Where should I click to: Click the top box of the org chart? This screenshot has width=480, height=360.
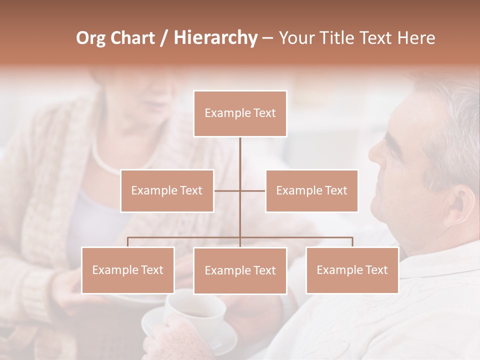click(240, 113)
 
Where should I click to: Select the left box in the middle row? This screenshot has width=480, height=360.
click(167, 190)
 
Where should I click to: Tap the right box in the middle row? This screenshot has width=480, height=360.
click(311, 190)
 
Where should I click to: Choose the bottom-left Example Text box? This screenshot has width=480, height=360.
click(127, 270)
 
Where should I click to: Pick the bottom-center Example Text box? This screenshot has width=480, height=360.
click(240, 270)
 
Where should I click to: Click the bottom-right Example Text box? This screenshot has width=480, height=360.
click(352, 270)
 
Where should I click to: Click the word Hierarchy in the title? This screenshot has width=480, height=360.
click(215, 38)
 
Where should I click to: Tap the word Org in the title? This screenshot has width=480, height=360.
click(90, 38)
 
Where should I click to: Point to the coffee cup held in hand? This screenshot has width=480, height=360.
click(195, 312)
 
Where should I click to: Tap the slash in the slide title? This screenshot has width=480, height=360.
click(164, 38)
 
